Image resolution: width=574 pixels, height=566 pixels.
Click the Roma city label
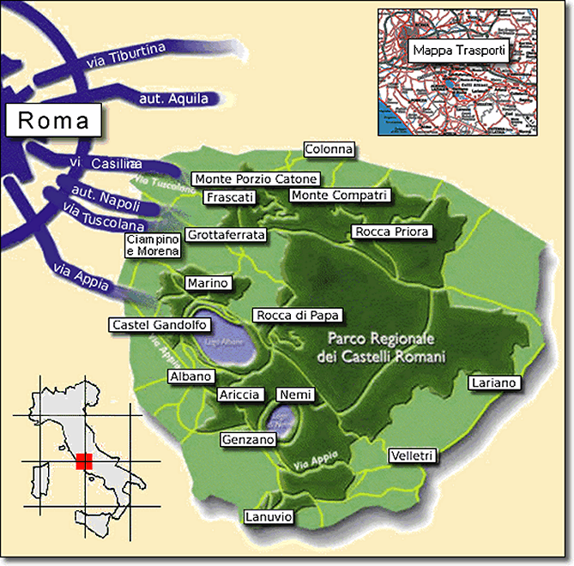coord(53,120)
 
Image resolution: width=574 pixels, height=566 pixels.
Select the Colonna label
coord(329,149)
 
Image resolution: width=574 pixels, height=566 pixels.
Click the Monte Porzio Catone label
coord(256,179)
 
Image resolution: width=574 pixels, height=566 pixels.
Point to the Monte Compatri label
coord(340,196)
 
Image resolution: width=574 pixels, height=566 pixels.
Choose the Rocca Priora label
coord(391,232)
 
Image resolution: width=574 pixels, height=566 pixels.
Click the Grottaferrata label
coord(227,234)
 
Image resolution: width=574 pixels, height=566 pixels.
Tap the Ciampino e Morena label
coord(153,244)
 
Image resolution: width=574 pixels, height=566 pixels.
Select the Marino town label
coord(208,283)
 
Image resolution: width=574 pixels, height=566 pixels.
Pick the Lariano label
coord(494,382)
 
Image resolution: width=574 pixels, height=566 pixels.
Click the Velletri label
coord(413,455)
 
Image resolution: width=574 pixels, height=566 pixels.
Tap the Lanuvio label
coord(269,517)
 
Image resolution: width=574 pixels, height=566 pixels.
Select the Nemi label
coord(295,394)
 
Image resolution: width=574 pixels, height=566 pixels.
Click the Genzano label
coord(248,439)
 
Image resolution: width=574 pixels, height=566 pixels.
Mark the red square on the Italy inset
coord(83,461)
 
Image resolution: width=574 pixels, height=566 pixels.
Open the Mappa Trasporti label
coord(459,51)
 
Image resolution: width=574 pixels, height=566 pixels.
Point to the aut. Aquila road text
coord(173,99)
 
